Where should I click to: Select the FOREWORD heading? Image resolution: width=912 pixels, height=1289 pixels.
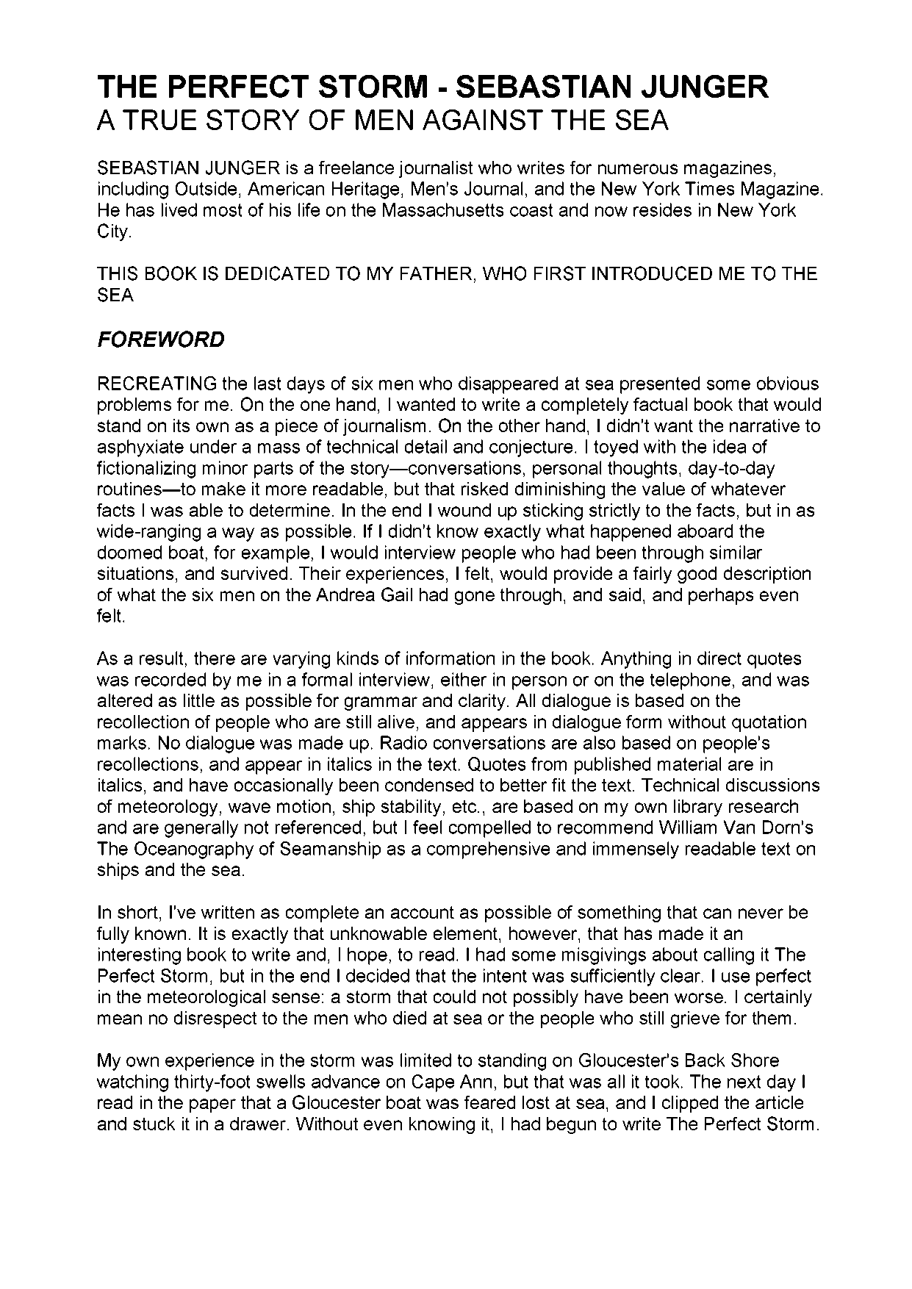[x=161, y=340]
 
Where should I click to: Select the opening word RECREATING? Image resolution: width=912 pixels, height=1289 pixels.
[x=157, y=384]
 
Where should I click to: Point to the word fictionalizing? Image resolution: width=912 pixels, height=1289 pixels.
[x=146, y=468]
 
